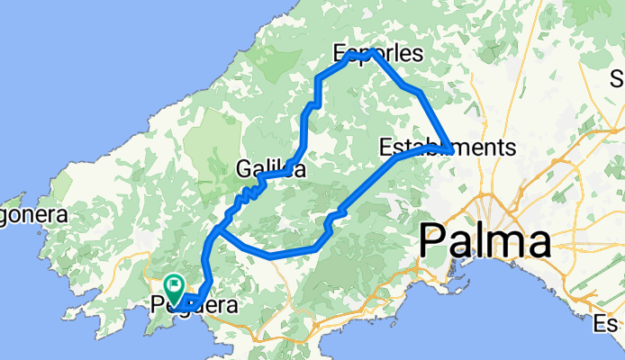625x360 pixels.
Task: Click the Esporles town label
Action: pyautogui.click(x=377, y=54)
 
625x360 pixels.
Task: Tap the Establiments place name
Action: pyautogui.click(x=447, y=147)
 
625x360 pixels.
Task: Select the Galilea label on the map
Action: pyautogui.click(x=269, y=168)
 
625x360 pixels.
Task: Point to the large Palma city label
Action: pyautogui.click(x=485, y=242)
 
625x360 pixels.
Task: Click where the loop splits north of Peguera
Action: pyautogui.click(x=218, y=231)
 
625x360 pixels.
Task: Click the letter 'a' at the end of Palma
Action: pyautogui.click(x=538, y=244)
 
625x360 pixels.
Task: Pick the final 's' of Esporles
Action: pyautogui.click(x=416, y=54)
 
